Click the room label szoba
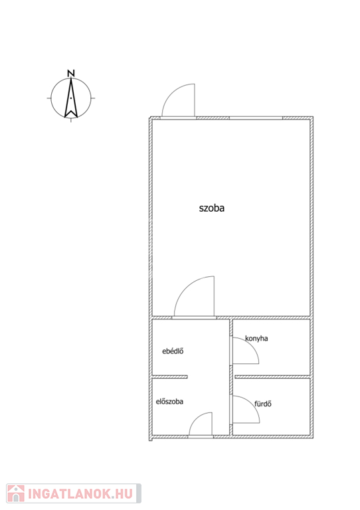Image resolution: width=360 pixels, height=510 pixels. click(212, 208)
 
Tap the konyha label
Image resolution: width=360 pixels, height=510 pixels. click(256, 339)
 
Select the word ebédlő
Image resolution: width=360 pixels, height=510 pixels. click(173, 351)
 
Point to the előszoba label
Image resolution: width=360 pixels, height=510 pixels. click(169, 402)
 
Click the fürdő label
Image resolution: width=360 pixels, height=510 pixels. click(263, 404)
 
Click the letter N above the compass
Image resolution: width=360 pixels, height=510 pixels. click(71, 73)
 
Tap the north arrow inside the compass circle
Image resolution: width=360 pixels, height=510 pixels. click(71, 98)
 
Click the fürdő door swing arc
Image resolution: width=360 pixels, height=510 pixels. click(252, 402)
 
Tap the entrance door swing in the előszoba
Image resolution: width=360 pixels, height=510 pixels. click(195, 418)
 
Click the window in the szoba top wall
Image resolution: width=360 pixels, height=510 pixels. click(256, 118)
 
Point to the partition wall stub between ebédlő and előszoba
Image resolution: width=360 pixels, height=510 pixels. click(170, 377)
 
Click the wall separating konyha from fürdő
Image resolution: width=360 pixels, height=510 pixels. click(272, 377)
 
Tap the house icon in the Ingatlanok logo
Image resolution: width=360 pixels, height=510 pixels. click(16, 493)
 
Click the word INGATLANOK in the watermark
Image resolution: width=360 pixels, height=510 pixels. click(70, 494)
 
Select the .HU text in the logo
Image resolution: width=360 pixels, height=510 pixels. click(123, 494)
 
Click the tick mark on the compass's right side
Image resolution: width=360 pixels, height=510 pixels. click(93, 98)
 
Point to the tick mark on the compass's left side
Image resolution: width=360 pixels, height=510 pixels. click(49, 98)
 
